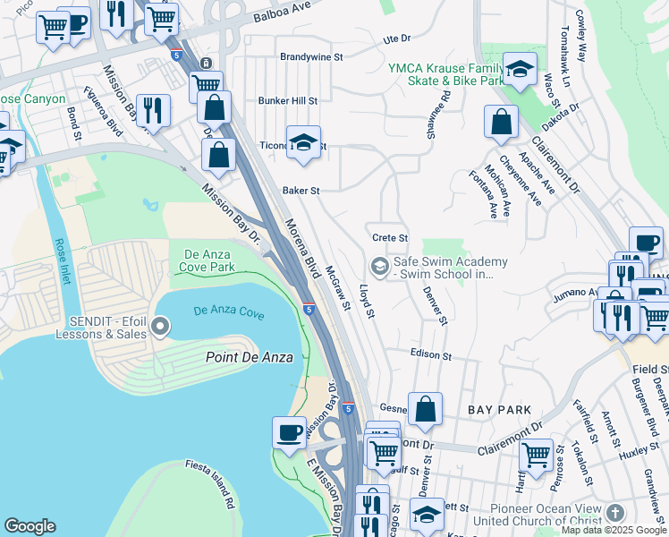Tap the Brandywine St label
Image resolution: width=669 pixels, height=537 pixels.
point(312,56)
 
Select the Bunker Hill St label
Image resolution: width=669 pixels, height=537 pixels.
point(288,101)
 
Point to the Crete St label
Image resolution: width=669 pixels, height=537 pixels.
point(390,238)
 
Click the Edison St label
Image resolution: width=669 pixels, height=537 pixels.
point(431,354)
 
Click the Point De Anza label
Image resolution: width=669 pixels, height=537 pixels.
point(236,357)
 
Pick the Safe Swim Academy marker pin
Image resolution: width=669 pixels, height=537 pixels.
point(379,267)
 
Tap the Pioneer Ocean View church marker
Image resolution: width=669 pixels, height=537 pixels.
point(614,513)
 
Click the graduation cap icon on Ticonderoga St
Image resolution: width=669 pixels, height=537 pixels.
point(303,141)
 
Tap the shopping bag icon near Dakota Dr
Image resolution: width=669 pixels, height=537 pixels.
point(502,121)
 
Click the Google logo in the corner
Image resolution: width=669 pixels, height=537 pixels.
point(30,526)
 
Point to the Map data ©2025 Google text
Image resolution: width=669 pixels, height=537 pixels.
point(614,530)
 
